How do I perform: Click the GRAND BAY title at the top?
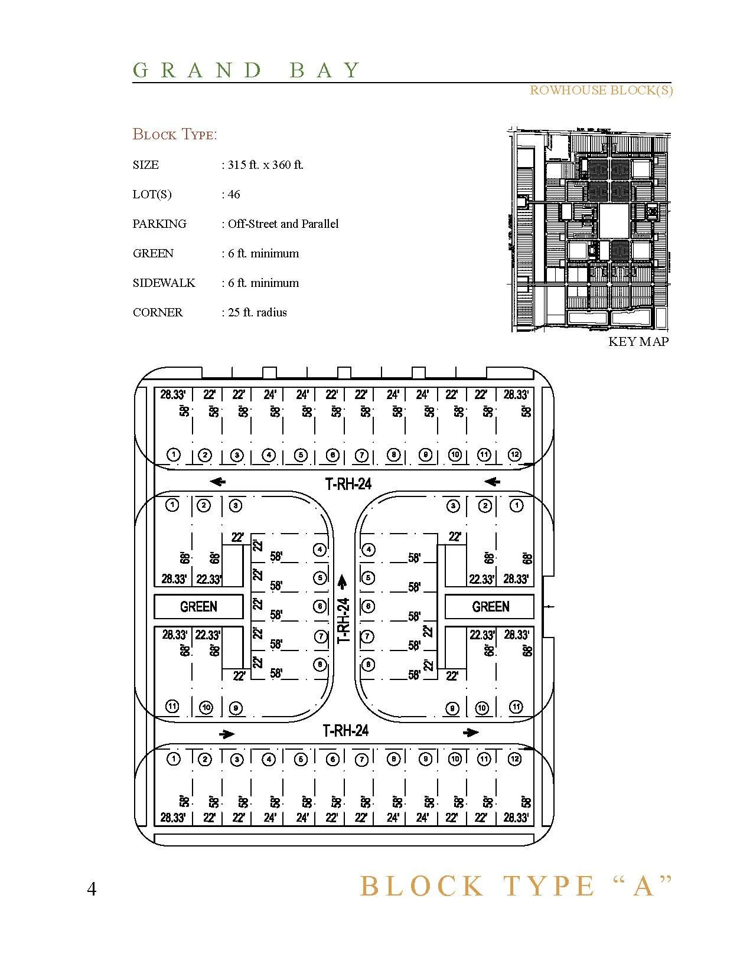246,70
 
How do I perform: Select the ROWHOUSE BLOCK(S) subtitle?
601,90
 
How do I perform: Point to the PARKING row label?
159,224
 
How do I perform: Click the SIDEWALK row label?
164,283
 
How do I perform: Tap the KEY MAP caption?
638,341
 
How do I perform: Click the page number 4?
92,889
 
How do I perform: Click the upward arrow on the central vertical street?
342,582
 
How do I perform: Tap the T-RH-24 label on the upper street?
348,484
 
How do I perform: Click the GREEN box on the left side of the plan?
198,606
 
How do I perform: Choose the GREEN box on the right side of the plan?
490,606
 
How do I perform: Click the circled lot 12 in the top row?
515,455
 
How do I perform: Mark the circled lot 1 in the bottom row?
173,759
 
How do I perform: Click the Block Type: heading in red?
175,135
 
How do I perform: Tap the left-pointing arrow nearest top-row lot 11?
492,482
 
